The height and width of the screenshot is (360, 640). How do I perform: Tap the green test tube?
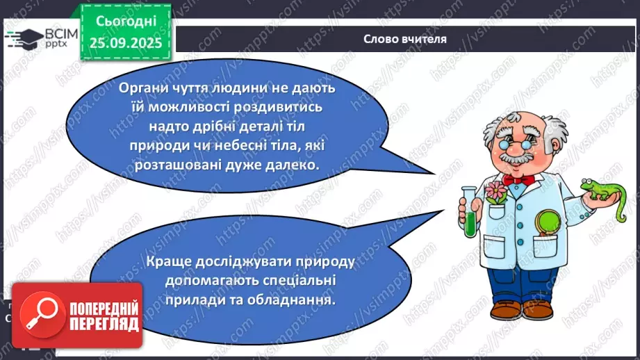click(x=470, y=213)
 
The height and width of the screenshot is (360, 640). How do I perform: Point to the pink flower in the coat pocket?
click(x=495, y=193)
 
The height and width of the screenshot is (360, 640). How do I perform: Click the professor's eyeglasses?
click(x=516, y=145)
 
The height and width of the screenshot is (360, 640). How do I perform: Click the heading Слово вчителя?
click(x=405, y=39)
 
